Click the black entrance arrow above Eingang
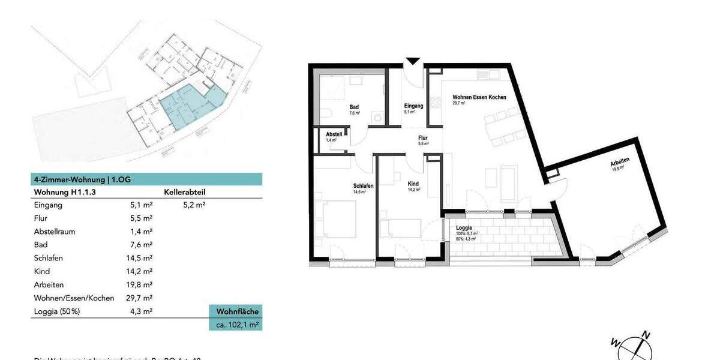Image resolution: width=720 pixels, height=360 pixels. tap(413, 61)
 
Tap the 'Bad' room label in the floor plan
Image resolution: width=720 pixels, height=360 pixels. tap(354, 108)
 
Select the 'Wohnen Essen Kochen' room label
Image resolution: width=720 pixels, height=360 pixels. tap(479, 97)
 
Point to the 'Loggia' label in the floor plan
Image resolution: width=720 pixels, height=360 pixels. tap(464, 228)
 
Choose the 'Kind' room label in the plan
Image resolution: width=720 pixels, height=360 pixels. tap(413, 184)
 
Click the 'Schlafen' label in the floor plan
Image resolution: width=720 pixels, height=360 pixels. tap(364, 186)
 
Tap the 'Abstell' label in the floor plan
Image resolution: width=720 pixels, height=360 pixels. tap(334, 134)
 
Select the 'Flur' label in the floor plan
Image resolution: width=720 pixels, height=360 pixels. tap(422, 138)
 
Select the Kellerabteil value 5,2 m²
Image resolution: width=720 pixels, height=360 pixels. tap(194, 205)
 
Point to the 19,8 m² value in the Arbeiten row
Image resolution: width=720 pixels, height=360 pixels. tap(141, 284)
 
